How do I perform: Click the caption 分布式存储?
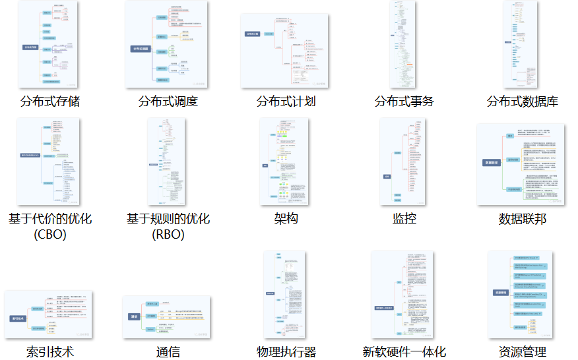pyautogui.click(x=50, y=102)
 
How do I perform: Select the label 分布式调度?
pyautogui.click(x=168, y=102)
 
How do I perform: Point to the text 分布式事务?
pyautogui.click(x=404, y=102)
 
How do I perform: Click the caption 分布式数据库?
pyautogui.click(x=523, y=102)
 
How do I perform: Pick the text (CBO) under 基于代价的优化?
pyautogui.click(x=50, y=234)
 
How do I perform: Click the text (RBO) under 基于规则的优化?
pyautogui.click(x=168, y=234)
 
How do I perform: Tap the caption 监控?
pyautogui.click(x=404, y=219)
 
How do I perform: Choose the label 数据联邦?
pyautogui.click(x=523, y=219)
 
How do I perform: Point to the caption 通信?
pyautogui.click(x=168, y=351)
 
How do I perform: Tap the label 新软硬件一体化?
pyautogui.click(x=404, y=351)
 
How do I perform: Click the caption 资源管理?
pyautogui.click(x=523, y=351)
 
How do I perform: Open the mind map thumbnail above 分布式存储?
pyautogui.click(x=48, y=44)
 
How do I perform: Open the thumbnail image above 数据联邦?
pyautogui.click(x=521, y=164)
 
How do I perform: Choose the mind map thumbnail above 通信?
pyautogui.click(x=166, y=317)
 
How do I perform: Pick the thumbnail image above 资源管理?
pyautogui.click(x=521, y=295)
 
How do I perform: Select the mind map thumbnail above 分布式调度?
pyautogui.click(x=166, y=44)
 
